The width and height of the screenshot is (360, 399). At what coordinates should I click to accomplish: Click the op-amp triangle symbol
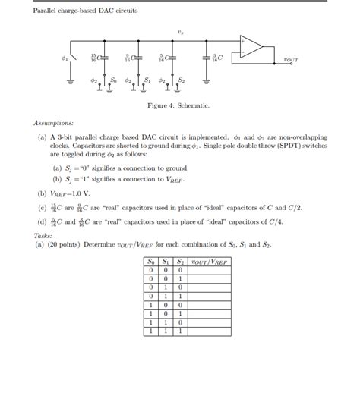(x=252, y=47)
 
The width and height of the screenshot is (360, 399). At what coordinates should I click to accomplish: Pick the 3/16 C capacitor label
(x=217, y=58)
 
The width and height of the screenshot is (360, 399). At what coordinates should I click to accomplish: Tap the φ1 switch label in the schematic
(x=65, y=58)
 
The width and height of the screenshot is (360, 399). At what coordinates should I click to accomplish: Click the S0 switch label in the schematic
(x=113, y=78)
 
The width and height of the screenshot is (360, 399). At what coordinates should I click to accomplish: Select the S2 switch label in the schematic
(x=181, y=78)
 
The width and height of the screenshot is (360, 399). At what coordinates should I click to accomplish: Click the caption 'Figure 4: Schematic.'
(x=178, y=106)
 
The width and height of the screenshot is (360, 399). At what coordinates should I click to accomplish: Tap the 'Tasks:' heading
(x=43, y=235)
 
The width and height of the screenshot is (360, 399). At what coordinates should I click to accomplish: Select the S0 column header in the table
(x=153, y=262)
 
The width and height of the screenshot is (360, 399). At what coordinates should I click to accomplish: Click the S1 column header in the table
(x=166, y=262)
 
